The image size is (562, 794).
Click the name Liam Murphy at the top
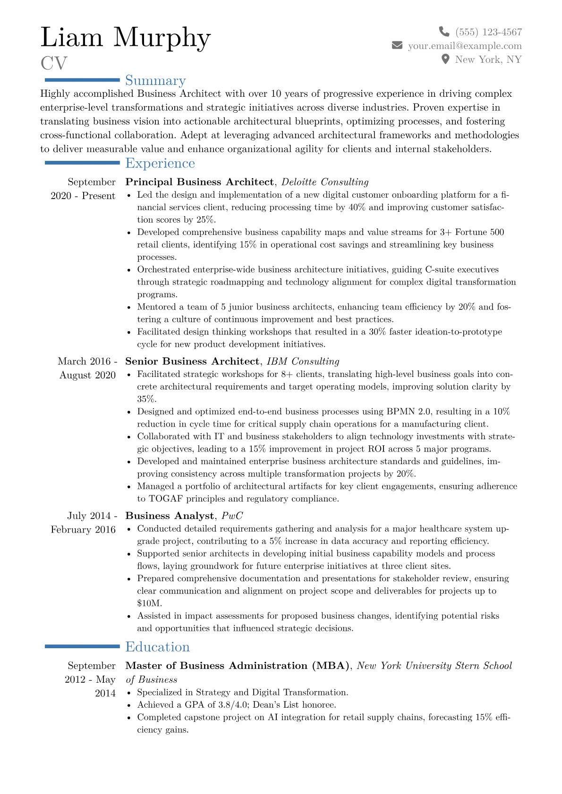point(125,38)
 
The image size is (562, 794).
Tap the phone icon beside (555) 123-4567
point(444,32)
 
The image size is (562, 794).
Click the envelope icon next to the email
point(397,45)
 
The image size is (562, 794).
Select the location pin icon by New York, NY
point(445,59)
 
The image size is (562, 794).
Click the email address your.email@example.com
point(465,46)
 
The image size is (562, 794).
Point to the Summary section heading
point(155,81)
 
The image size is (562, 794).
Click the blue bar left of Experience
point(82,163)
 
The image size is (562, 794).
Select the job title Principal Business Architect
point(199,182)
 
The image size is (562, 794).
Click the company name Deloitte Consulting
point(325,182)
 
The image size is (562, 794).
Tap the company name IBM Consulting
point(303,361)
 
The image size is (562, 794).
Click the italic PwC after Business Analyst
point(232,516)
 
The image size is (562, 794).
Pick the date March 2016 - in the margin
point(87,361)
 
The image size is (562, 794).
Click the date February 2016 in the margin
point(83,529)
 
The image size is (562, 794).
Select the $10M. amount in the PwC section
point(149,603)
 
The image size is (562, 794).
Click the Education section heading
point(157,647)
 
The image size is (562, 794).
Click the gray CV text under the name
point(54,64)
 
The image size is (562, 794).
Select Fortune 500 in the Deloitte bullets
point(479,232)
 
